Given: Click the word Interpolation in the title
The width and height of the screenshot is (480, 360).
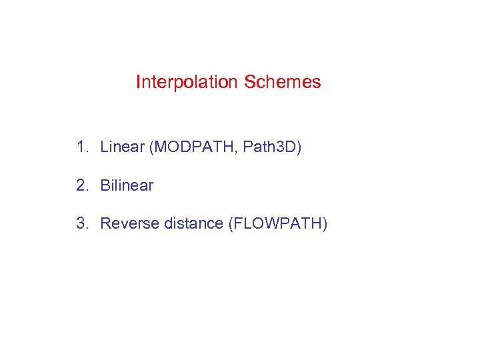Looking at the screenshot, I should click(187, 83).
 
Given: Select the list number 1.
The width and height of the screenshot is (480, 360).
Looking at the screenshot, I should click(81, 147).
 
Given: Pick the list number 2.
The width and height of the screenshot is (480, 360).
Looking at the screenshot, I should click(81, 185).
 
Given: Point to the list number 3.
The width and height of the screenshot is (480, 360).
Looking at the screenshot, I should click(81, 223).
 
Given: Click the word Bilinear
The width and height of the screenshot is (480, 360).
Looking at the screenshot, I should click(127, 185).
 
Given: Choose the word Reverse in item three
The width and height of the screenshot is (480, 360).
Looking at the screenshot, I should click(125, 223).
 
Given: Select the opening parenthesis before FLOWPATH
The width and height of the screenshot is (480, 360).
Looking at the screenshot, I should click(231, 224).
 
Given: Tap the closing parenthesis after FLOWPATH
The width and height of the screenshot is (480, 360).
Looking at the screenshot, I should click(325, 224).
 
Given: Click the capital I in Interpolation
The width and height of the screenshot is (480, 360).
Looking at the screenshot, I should click(138, 83).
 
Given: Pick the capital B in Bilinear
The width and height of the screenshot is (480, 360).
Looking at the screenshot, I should click(105, 185).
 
